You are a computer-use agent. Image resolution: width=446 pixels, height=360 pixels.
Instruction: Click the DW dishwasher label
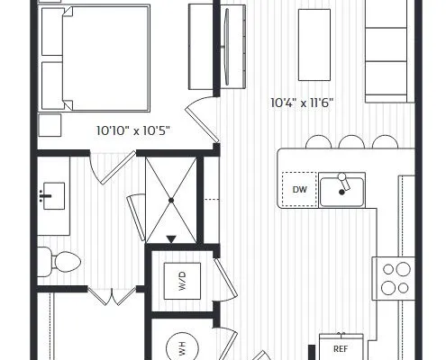coord(299,190)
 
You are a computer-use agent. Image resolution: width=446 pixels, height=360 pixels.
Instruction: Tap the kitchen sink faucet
coord(344,182)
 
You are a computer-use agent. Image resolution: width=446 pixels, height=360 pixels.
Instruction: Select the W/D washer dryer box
coord(182,281)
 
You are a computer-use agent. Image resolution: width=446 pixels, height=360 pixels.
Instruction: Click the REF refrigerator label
coord(341,349)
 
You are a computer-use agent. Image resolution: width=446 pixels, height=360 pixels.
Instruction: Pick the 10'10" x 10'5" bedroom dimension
coord(133,130)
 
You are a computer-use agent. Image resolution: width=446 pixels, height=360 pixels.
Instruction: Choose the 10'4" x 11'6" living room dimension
coord(302,103)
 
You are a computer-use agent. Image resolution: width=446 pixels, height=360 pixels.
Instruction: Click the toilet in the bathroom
coord(59,262)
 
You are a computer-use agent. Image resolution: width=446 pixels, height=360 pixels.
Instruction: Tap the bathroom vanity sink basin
coord(54,196)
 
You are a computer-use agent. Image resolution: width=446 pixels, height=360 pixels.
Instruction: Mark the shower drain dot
coord(171,200)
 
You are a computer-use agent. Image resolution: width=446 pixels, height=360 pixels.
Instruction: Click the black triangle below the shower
coord(171,239)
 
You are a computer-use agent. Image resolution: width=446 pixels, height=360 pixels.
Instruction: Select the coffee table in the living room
coord(314,45)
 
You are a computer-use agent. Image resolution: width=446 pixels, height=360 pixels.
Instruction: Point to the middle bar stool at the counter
coord(351,142)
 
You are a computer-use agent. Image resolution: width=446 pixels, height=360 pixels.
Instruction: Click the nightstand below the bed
coord(50,125)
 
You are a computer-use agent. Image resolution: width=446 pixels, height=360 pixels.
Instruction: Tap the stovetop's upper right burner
coord(403,269)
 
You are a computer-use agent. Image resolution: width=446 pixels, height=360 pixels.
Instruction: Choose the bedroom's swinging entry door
coord(202,120)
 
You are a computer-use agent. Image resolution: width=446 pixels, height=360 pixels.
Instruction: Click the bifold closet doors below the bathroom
coord(112,296)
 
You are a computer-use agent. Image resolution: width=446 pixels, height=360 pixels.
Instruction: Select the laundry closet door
coord(224,279)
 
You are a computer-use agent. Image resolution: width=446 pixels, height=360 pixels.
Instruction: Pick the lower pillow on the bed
coord(53,85)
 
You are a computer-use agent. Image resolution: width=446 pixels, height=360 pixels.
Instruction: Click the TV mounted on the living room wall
coord(227,47)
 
